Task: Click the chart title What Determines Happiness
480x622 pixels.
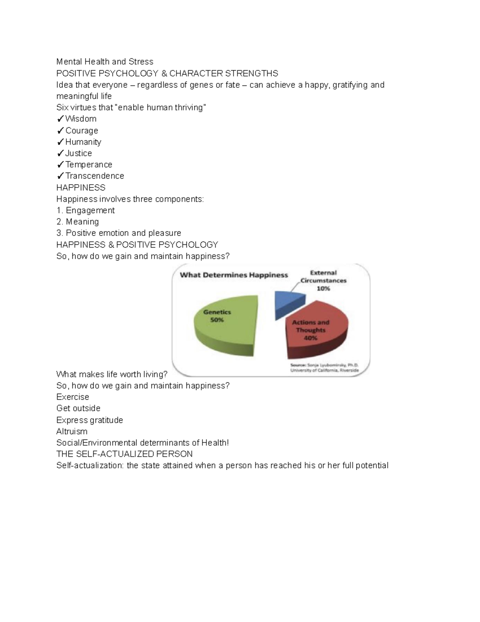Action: (234, 275)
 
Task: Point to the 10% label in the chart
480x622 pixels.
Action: (323, 288)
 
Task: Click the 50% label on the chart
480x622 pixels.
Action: (217, 320)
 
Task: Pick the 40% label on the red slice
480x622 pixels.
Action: (311, 338)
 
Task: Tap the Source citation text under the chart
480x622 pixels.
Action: (324, 368)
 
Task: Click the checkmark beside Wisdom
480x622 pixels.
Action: (60, 119)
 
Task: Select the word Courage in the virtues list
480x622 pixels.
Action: (82, 131)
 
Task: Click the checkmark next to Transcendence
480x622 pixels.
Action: (60, 176)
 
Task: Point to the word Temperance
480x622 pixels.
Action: (89, 165)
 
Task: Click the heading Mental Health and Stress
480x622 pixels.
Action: (105, 62)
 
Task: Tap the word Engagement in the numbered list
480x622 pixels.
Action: (90, 211)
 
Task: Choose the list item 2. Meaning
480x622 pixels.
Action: (78, 222)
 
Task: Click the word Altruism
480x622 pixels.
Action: (72, 431)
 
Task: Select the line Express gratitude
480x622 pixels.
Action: (90, 420)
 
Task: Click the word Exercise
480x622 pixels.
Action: (73, 397)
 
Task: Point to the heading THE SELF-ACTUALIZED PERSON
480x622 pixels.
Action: (124, 454)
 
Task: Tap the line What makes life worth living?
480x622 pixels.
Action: (112, 374)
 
